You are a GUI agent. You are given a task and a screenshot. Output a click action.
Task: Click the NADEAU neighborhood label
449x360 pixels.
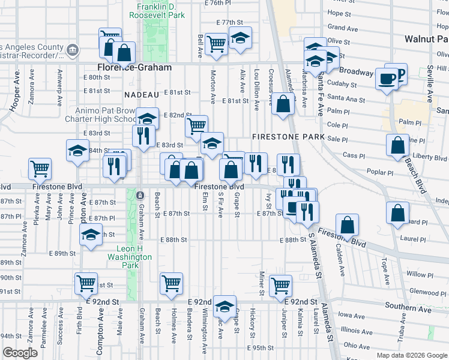142,95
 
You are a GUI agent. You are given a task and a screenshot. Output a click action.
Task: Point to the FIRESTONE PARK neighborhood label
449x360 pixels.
288,137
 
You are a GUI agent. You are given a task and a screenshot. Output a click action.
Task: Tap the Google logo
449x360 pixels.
20,353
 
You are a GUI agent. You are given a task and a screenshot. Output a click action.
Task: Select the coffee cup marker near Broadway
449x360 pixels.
387,79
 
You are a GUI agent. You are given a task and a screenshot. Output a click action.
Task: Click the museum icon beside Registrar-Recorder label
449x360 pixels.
72,49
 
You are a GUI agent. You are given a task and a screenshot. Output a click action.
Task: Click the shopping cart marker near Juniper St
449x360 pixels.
280,285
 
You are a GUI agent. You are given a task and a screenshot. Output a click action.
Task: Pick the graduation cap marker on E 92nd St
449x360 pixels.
224,306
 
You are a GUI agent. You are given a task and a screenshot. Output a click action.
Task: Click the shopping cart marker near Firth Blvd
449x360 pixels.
86,282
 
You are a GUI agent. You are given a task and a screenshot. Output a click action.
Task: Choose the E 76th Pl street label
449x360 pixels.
217,3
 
